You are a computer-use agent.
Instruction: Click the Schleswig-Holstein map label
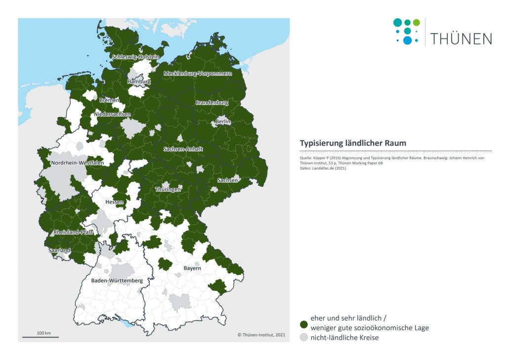point(135,57)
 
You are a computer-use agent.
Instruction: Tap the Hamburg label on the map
point(139,81)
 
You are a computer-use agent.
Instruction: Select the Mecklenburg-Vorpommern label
point(198,74)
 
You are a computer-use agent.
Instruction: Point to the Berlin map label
point(223,121)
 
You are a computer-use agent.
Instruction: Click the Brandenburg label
point(212,103)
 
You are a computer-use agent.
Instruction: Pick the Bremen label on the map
point(109,100)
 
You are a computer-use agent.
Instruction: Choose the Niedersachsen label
point(113,115)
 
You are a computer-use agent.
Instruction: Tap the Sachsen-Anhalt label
point(184,149)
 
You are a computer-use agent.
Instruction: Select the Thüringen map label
point(168,190)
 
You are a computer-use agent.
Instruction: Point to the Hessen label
point(114,202)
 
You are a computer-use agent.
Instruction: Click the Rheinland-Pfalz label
point(73,232)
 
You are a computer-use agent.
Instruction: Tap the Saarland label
point(60,250)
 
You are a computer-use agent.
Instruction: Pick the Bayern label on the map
point(192,268)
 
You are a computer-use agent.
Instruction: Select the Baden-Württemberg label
point(117,280)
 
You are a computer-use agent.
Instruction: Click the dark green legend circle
point(303,323)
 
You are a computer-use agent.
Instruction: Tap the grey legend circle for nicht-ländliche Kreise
point(303,338)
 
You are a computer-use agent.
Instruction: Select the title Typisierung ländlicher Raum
point(353,143)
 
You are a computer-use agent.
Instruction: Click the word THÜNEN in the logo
point(461,39)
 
